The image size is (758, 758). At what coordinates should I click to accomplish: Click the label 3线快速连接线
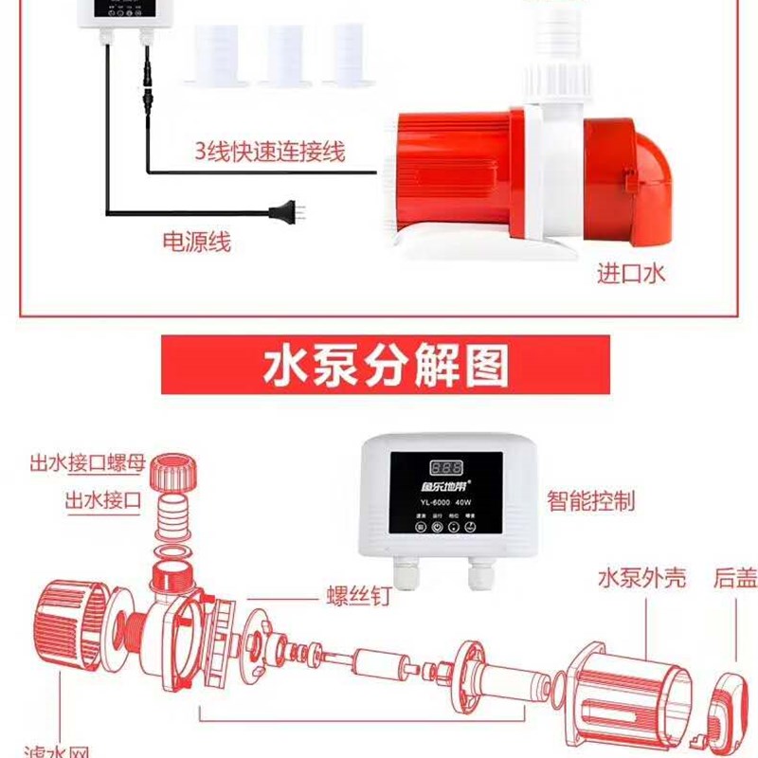270,151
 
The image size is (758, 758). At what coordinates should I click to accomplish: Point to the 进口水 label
631,274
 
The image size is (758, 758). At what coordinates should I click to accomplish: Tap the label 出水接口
103,500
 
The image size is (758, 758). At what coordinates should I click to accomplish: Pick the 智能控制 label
590,500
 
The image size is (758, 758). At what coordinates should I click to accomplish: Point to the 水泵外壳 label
641,577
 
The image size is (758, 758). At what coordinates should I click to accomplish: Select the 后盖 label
733,577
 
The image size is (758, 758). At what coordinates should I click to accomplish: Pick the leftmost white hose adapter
219,54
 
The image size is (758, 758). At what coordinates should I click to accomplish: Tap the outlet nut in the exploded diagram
177,471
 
